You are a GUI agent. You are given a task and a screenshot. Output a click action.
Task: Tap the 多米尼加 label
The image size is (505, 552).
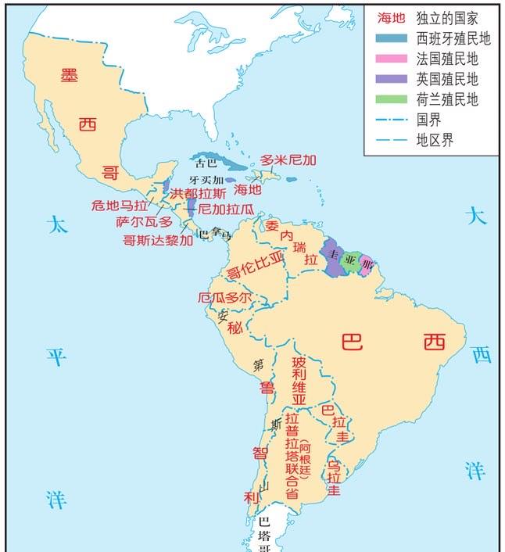point(288,160)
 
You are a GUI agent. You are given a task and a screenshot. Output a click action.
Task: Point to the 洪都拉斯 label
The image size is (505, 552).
point(199,193)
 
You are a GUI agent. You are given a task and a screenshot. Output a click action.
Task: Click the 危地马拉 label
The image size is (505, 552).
point(119,206)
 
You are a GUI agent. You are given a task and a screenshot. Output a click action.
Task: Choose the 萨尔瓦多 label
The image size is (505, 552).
point(144,222)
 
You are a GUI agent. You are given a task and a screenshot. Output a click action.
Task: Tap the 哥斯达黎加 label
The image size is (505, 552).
point(157,240)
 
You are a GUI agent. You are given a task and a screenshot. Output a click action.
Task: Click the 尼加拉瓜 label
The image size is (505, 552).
point(226,209)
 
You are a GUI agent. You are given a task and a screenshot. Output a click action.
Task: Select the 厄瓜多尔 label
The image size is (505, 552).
point(224,297)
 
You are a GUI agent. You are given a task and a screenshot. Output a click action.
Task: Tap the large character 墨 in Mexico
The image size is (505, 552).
point(70,76)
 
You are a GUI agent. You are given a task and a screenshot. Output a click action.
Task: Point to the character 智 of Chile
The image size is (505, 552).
point(260,453)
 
